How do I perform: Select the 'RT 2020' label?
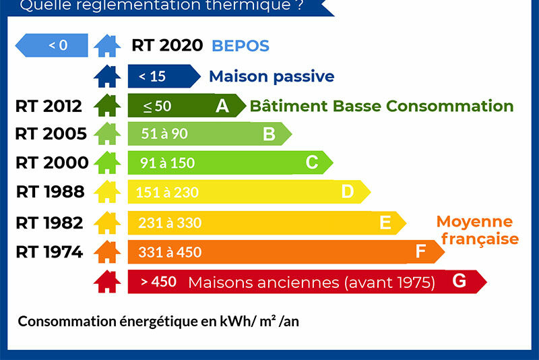click(x=167, y=45)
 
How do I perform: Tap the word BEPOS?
click(x=241, y=46)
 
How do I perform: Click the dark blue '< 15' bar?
click(x=162, y=76)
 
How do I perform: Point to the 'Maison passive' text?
click(x=272, y=76)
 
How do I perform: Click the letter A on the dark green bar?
click(x=222, y=106)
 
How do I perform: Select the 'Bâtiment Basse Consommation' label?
click(x=381, y=106)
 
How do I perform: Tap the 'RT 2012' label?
click(x=49, y=106)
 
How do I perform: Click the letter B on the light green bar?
click(x=269, y=133)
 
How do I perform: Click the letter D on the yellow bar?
click(x=347, y=192)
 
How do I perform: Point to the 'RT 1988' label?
click(x=51, y=192)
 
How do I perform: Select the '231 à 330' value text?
click(x=170, y=222)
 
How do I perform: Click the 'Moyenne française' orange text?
click(x=477, y=230)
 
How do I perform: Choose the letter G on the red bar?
click(x=459, y=281)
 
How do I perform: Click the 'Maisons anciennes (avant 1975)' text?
click(x=311, y=282)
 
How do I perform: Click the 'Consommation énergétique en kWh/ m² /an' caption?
click(x=158, y=321)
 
